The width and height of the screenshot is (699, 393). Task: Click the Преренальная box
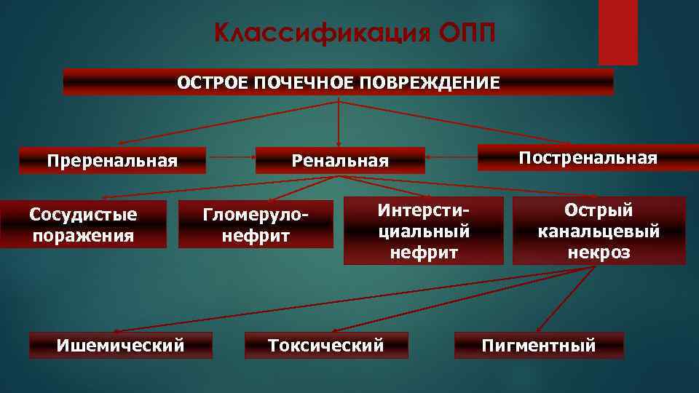(112, 160)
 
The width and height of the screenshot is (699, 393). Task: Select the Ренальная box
(340, 160)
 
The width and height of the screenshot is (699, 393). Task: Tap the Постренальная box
(588, 158)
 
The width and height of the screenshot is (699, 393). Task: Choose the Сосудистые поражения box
(83, 225)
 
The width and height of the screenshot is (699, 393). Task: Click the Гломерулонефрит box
(256, 225)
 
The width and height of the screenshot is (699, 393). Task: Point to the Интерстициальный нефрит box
(423, 231)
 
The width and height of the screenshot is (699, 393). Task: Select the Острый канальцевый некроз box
(599, 231)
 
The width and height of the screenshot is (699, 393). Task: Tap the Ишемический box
(120, 345)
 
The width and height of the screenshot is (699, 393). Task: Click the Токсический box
(325, 345)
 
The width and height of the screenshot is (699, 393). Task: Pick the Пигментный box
(539, 345)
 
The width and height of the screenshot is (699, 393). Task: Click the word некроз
(599, 253)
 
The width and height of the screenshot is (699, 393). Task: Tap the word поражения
(83, 235)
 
